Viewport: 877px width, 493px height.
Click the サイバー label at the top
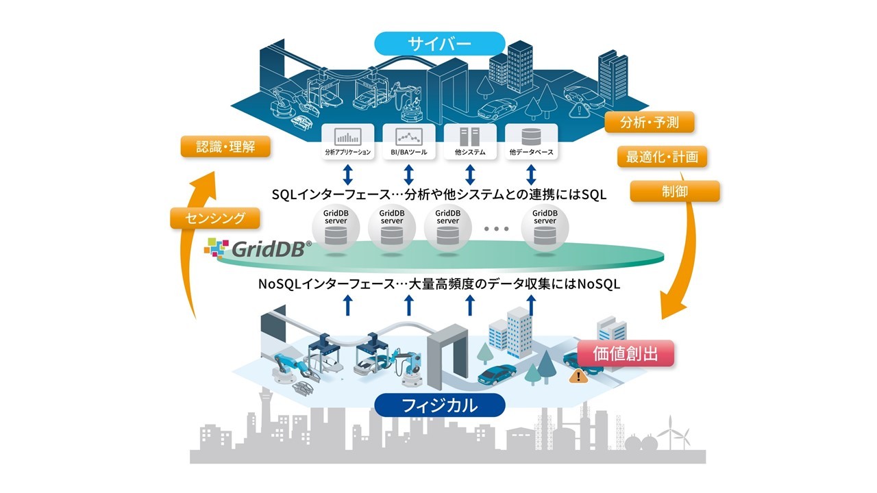439,43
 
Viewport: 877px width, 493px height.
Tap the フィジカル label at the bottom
439,405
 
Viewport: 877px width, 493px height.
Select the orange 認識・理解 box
225,147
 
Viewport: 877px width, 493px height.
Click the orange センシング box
215,218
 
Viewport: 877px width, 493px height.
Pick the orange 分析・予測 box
650,123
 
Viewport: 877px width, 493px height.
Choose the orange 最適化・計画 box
662,157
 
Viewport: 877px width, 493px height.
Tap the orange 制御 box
675,191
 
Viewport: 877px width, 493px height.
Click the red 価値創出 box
626,353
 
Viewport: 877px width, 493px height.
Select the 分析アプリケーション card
347,142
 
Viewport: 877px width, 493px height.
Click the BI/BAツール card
409,142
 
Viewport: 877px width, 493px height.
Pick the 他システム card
470,142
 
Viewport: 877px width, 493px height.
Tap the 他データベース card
531,142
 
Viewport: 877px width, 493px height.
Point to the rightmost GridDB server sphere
545,228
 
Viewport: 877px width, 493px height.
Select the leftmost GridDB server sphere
336,228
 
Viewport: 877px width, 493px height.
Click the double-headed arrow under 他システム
470,175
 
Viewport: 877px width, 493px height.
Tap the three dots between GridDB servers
496,229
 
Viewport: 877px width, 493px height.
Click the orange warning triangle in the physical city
579,377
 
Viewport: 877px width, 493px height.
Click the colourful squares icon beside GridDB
216,248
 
